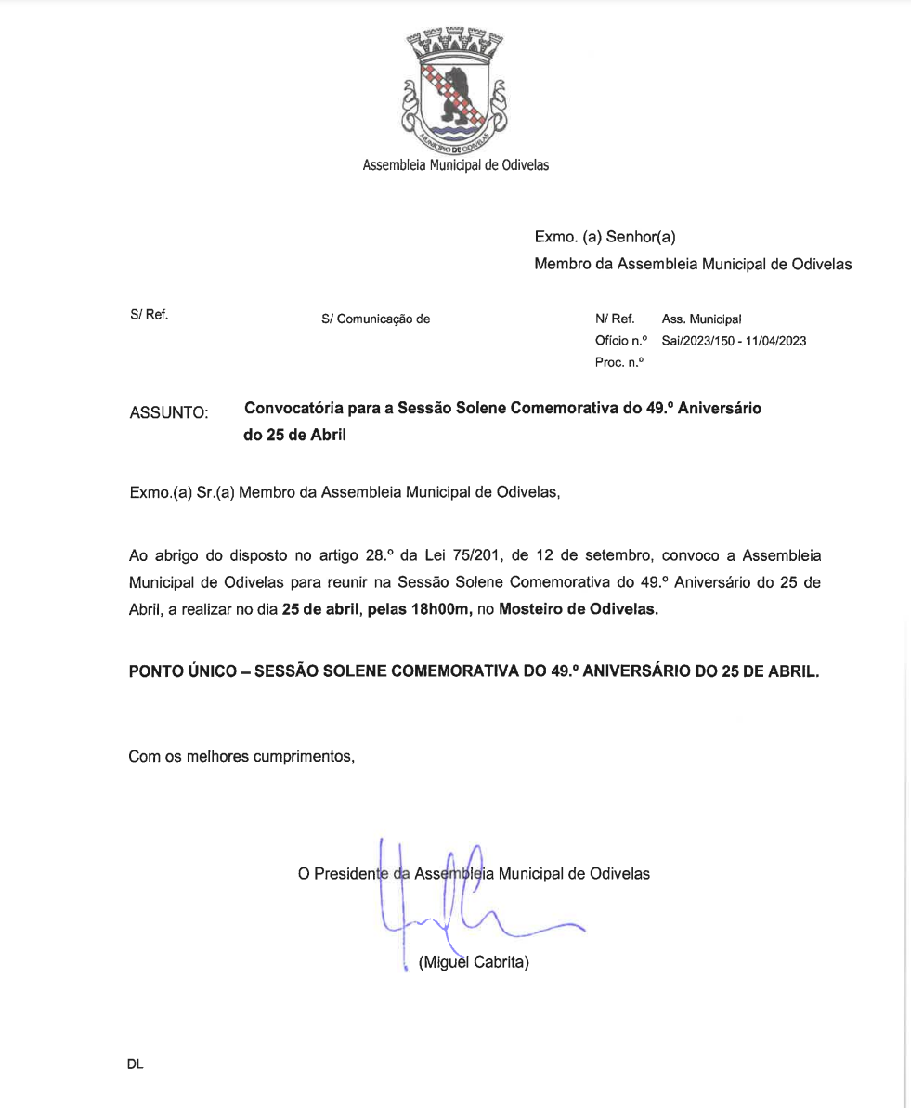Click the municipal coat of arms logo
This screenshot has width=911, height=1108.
455,90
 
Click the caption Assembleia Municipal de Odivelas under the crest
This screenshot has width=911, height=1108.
455,166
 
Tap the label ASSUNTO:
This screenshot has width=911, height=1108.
169,411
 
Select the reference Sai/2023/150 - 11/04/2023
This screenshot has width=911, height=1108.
734,341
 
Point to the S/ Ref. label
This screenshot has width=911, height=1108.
149,316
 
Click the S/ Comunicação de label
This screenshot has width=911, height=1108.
375,319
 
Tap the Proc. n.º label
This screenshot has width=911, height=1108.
618,362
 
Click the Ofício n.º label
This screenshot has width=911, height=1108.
620,341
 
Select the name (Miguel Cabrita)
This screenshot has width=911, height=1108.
474,962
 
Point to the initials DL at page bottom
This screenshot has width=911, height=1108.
136,1065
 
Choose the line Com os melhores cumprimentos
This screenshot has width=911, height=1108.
242,757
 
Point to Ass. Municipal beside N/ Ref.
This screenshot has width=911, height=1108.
701,319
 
